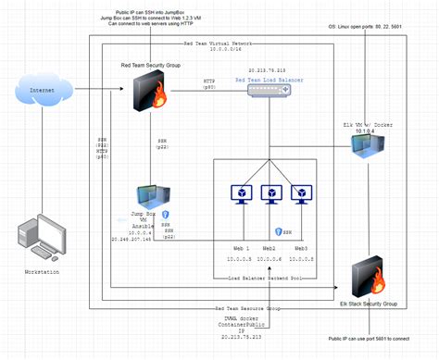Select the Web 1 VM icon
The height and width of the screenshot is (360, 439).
tap(240, 192)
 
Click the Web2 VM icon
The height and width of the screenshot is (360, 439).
tap(270, 192)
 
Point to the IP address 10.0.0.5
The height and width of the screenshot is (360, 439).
tap(240, 260)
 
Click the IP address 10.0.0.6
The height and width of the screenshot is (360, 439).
tap(270, 260)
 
